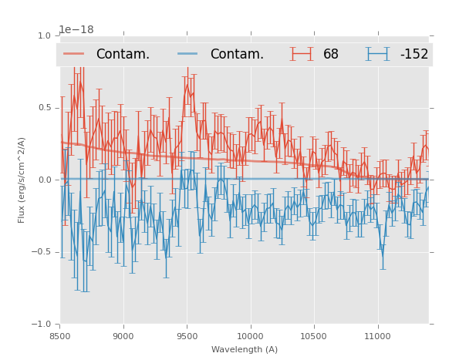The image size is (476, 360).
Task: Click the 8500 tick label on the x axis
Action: tap(59, 336)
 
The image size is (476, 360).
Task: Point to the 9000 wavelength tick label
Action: tap(123, 336)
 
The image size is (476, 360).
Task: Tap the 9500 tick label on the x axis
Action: tap(187, 336)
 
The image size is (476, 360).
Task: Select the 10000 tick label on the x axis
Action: tap(250, 336)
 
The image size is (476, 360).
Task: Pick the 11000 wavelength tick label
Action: tap(377, 336)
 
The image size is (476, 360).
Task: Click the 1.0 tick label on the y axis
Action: tap(44, 35)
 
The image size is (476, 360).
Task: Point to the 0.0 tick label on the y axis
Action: tap(44, 180)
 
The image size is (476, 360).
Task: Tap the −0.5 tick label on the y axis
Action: tap(41, 252)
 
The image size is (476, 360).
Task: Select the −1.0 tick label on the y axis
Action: tap(41, 325)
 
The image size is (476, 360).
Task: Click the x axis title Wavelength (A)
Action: tap(245, 349)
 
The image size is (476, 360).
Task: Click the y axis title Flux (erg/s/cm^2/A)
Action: tap(22, 180)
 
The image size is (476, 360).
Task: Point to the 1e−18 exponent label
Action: tap(76, 30)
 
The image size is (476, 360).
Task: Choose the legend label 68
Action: tap(331, 54)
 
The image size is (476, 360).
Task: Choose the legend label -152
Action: tap(414, 54)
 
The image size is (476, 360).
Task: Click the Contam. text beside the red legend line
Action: tap(123, 54)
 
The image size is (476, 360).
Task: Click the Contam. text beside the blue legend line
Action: tap(237, 54)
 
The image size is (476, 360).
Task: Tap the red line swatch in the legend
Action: tap(74, 54)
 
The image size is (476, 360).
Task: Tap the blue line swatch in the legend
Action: tap(188, 54)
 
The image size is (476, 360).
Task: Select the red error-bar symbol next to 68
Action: tap(302, 54)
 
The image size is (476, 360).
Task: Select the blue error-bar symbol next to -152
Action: tap(378, 54)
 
